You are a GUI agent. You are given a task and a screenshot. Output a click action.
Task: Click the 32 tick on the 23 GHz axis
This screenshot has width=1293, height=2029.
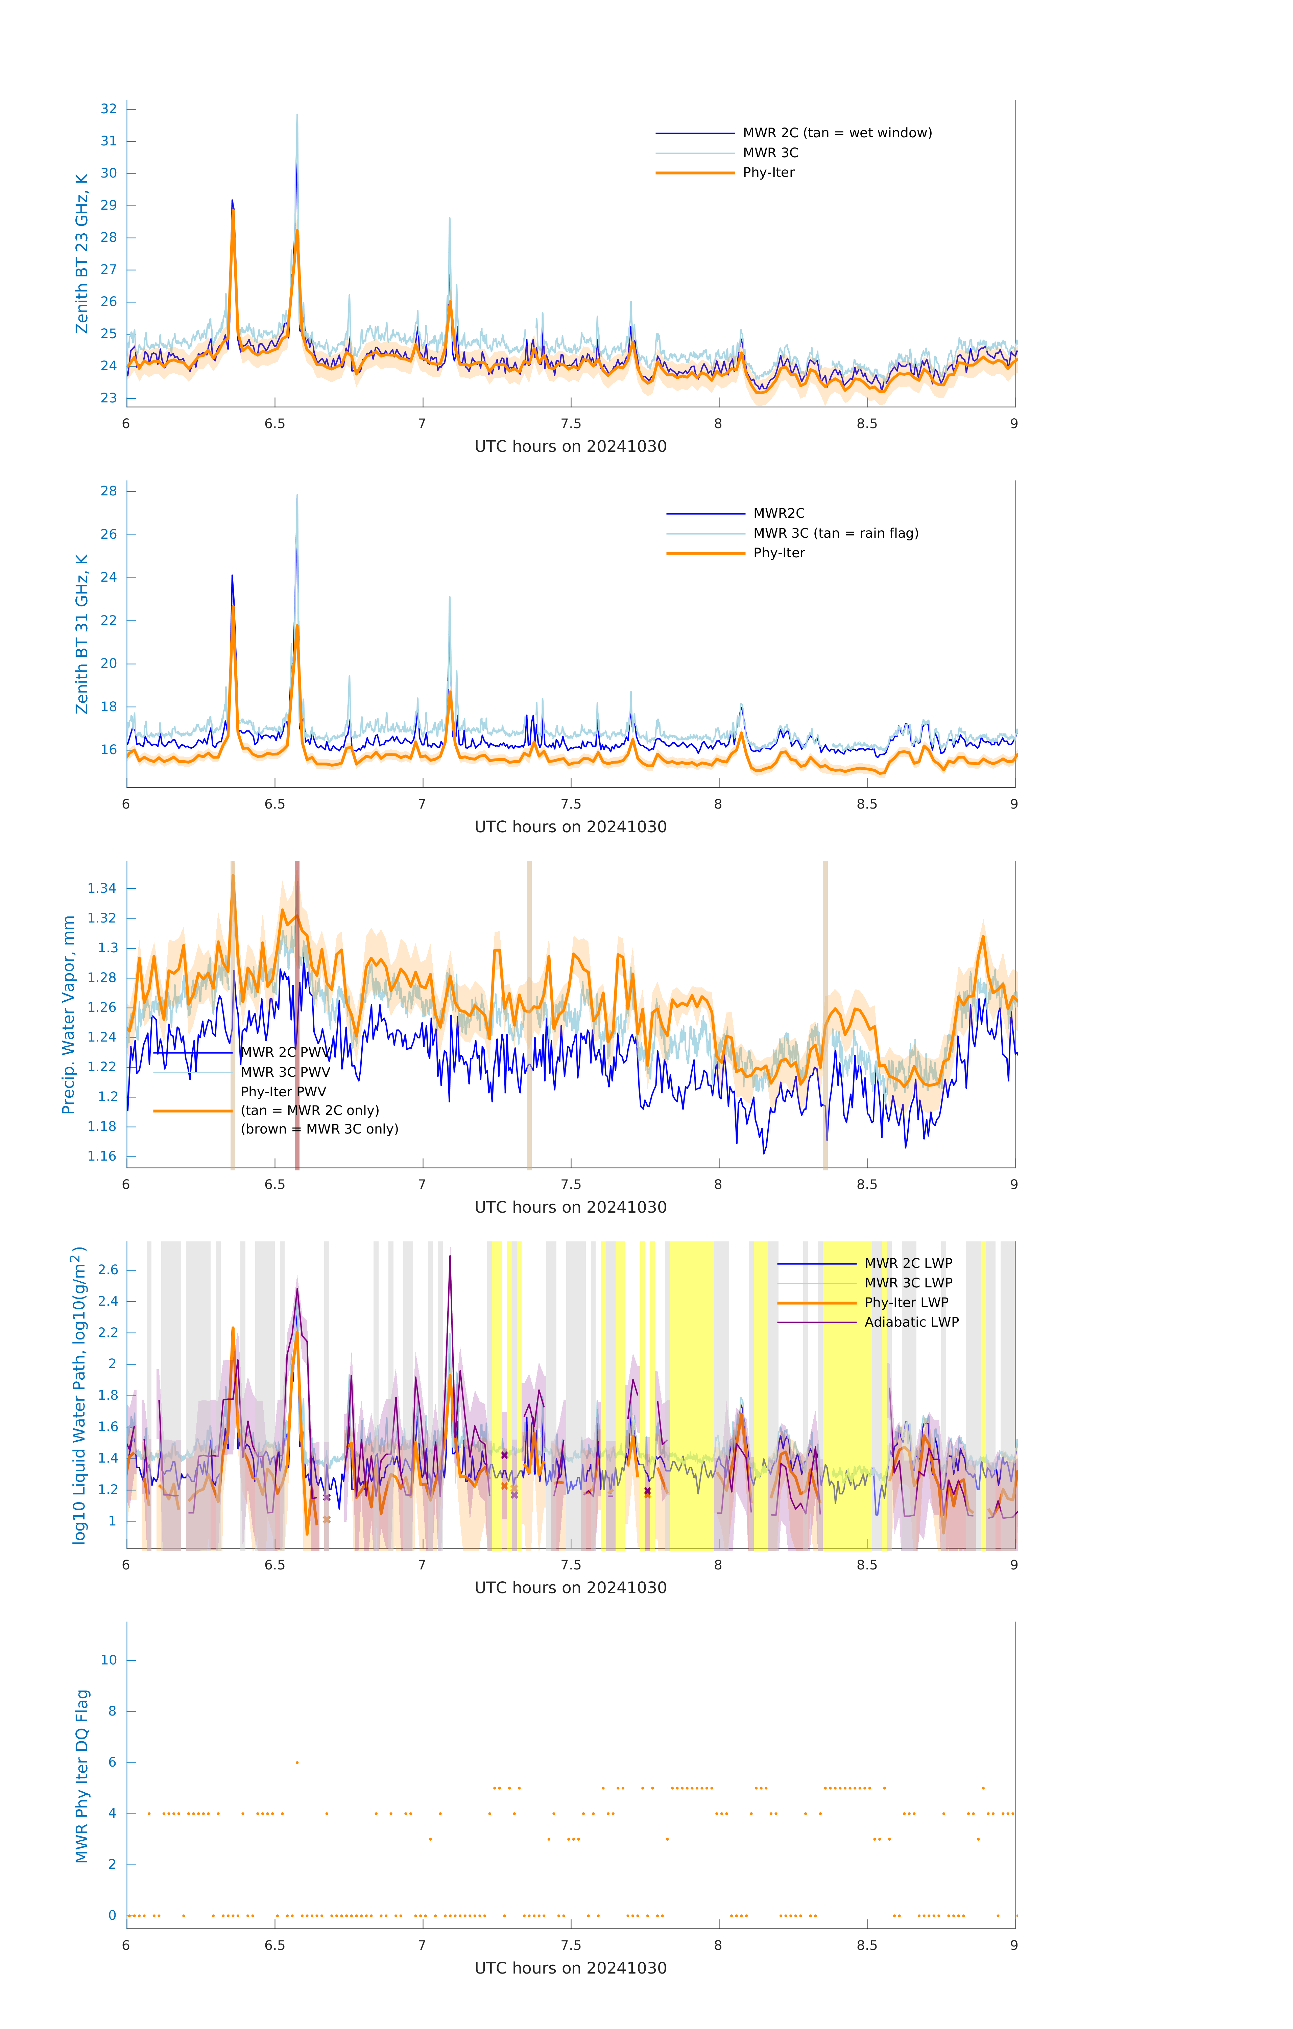click(x=109, y=109)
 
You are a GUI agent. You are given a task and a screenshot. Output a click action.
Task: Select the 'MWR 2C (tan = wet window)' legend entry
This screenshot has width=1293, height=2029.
click(x=836, y=133)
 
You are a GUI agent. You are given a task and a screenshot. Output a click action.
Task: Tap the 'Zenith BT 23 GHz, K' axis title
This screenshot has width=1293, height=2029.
click(x=82, y=254)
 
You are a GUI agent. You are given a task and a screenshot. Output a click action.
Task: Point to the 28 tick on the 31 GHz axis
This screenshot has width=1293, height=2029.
click(x=109, y=491)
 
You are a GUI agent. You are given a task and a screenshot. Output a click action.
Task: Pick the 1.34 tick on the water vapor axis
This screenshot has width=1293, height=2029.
click(x=102, y=888)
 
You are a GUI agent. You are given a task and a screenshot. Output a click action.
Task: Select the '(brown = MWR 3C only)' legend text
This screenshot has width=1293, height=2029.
click(x=319, y=1129)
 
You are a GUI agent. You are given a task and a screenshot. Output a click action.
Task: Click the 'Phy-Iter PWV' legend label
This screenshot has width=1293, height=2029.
click(x=283, y=1092)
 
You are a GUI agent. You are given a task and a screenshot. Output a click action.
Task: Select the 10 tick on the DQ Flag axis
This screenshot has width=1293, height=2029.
click(x=109, y=1661)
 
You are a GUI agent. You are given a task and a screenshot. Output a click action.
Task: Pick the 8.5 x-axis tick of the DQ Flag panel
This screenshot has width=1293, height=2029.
click(x=867, y=1945)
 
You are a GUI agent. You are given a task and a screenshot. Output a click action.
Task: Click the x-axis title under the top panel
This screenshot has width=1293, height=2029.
click(x=570, y=447)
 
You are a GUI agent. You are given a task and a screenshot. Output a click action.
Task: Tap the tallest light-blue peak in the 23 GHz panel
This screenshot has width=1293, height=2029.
click(x=296, y=115)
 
